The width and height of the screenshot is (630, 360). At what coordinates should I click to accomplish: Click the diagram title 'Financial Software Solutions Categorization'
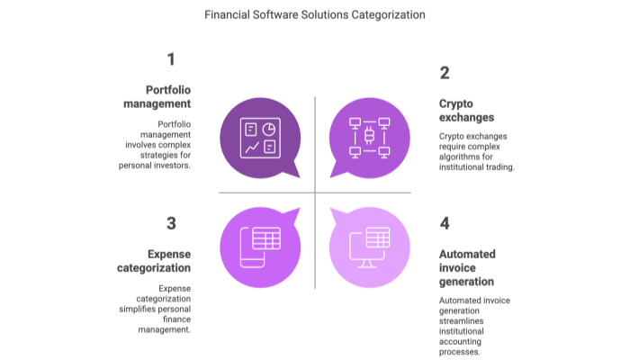(x=314, y=14)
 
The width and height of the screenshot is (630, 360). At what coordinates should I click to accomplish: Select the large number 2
(x=445, y=73)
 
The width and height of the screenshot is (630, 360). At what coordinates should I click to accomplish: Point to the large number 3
(x=170, y=223)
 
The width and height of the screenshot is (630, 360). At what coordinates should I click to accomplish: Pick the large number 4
(x=445, y=223)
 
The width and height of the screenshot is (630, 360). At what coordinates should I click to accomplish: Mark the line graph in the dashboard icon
(x=252, y=146)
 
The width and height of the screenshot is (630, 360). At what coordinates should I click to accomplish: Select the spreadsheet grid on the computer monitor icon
(x=376, y=238)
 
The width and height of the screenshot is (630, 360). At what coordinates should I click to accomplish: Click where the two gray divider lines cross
(x=314, y=191)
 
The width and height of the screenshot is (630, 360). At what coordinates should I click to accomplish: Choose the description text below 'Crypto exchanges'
(x=476, y=150)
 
